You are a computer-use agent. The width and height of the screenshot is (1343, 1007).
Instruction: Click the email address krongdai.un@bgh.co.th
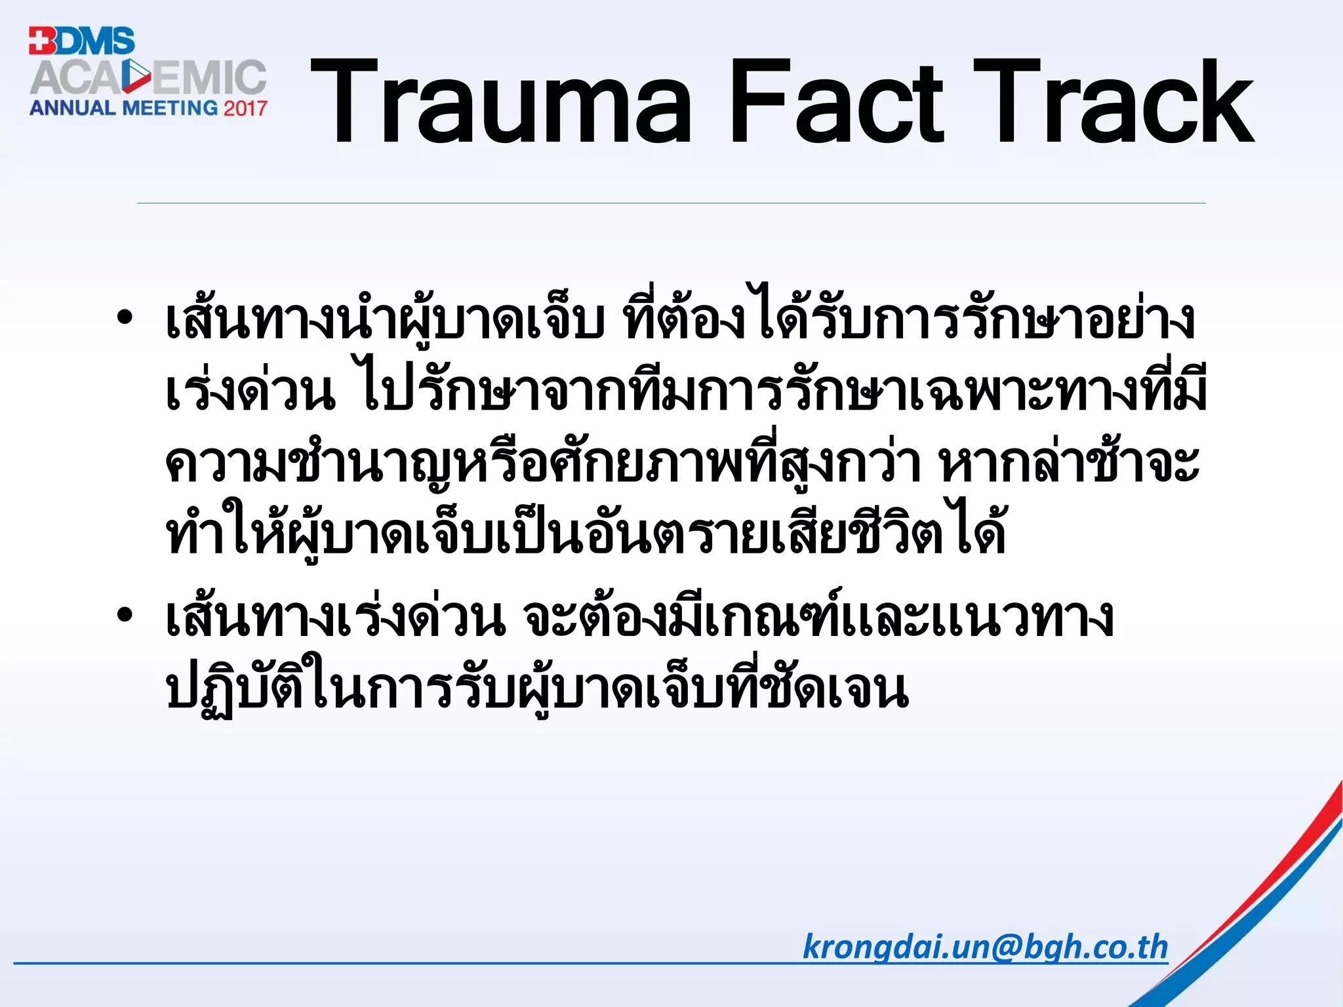point(985,947)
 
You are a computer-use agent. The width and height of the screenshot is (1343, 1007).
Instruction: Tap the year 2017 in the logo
point(245,108)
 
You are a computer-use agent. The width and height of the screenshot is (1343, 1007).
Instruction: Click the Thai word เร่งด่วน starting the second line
point(249,392)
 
